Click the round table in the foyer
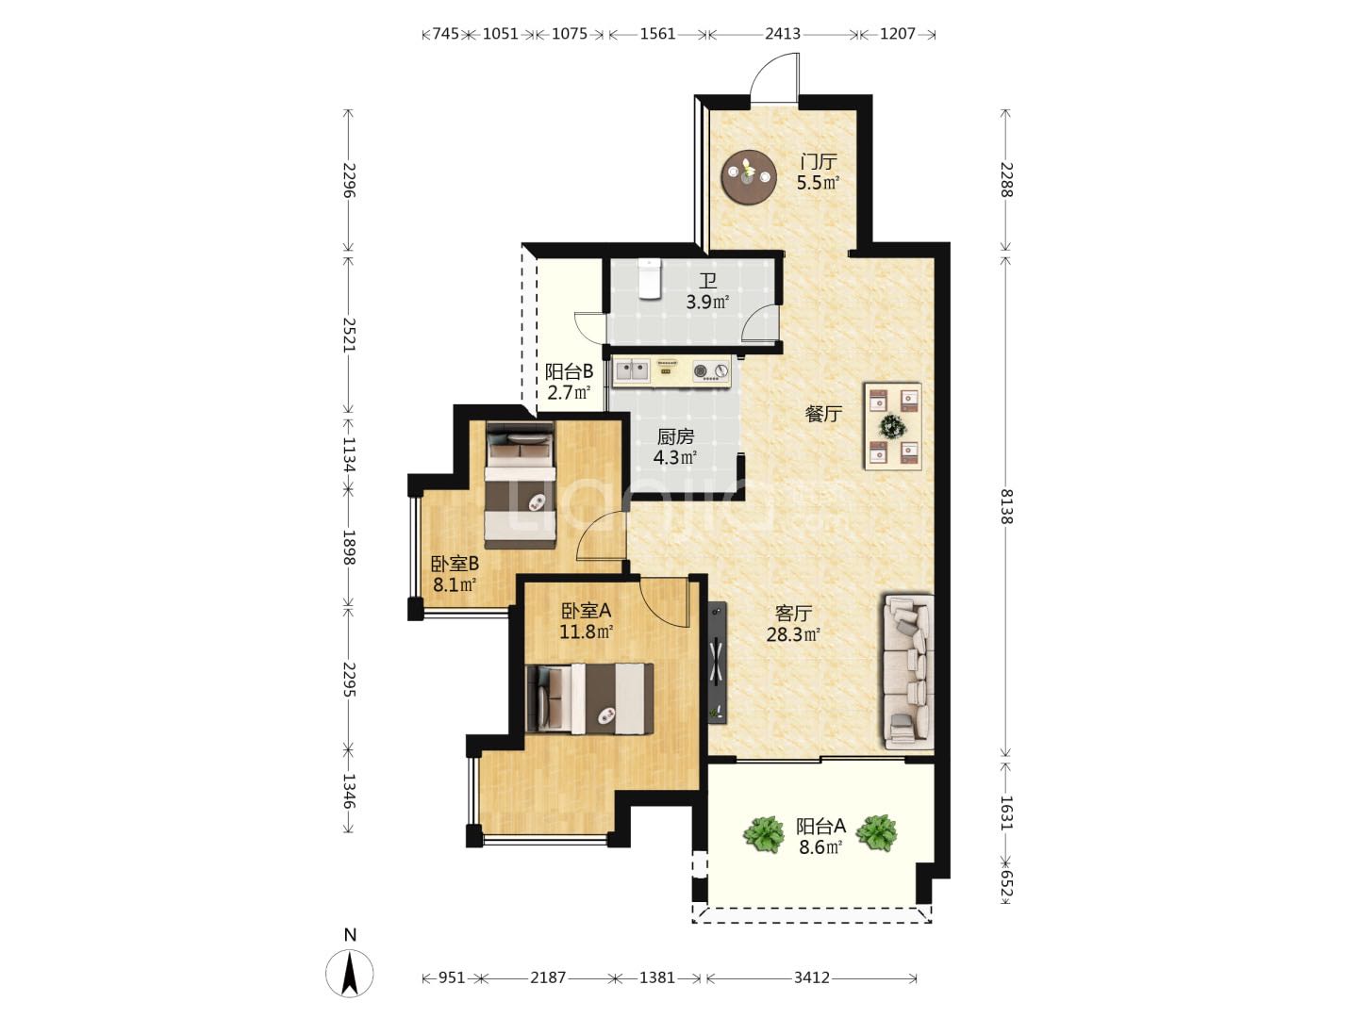[749, 177]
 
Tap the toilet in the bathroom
[649, 278]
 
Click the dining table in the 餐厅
[892, 426]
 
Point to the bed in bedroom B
[521, 485]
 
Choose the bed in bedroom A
[589, 698]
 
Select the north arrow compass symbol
[350, 972]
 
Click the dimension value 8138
[1006, 506]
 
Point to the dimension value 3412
[811, 977]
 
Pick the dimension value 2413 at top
[783, 33]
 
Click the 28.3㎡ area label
[794, 634]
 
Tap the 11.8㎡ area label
[587, 632]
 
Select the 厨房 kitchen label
[675, 436]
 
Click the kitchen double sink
[631, 370]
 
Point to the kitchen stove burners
[711, 370]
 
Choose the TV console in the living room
[718, 662]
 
